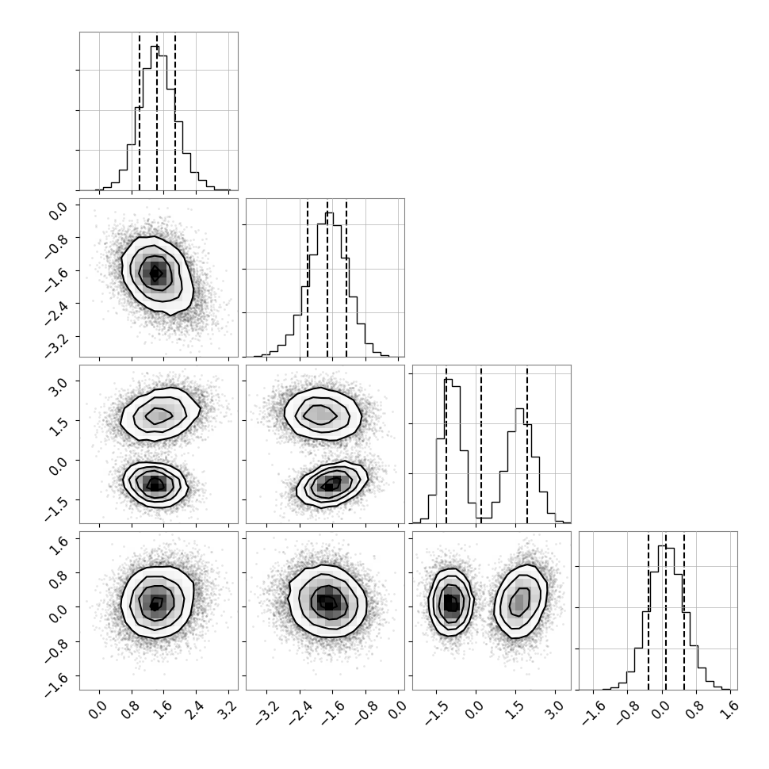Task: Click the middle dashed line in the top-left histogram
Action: [157, 111]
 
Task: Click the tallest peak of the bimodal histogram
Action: [448, 380]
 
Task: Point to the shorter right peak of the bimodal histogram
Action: [520, 409]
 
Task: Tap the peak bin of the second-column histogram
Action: [329, 213]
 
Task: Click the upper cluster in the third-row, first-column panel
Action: [160, 415]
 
